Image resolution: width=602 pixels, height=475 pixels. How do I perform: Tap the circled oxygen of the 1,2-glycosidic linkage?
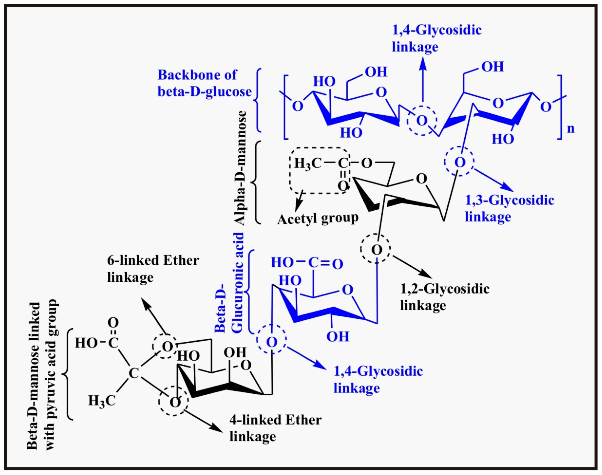pos(376,249)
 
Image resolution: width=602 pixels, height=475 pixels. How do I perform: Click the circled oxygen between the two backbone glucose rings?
pos(422,121)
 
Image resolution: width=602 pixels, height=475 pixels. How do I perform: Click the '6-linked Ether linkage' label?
pos(153,269)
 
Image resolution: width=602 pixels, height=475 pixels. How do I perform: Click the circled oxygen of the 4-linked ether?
pos(174,402)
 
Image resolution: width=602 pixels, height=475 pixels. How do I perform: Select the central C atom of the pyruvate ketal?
pos(134,374)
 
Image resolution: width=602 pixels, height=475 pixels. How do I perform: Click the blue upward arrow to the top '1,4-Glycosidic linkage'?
pos(423,78)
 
